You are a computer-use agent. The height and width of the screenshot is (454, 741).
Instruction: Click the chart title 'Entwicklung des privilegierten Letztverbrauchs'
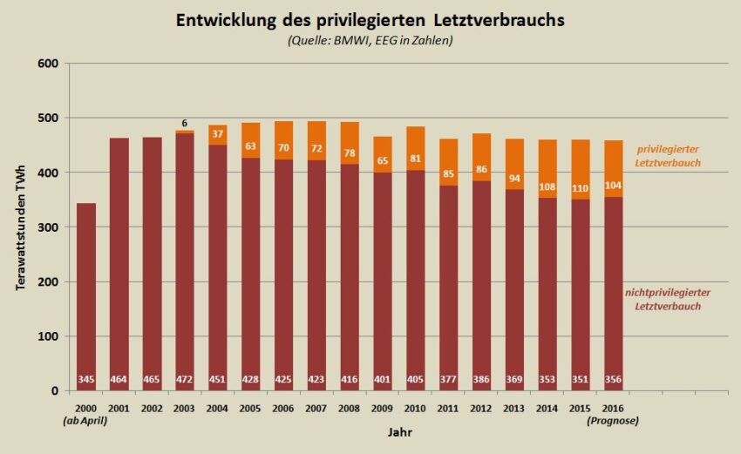point(370,19)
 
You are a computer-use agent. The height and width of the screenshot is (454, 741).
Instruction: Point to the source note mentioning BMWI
point(370,40)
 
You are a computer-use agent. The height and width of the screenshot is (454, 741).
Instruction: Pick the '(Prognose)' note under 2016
point(615,420)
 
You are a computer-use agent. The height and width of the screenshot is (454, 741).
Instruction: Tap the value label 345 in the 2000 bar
point(86,380)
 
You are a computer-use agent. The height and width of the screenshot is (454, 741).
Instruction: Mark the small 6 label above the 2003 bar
point(185,123)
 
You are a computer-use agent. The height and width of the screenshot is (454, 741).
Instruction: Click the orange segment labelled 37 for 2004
point(218,134)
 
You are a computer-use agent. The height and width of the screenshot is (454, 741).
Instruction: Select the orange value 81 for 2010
point(416,159)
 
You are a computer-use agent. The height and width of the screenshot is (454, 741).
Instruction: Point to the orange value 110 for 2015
point(581,187)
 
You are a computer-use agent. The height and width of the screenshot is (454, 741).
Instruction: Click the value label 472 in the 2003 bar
point(185,380)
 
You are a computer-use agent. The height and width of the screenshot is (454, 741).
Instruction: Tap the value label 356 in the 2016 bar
point(614,380)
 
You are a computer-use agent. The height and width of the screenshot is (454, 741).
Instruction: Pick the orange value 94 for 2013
point(515,179)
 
